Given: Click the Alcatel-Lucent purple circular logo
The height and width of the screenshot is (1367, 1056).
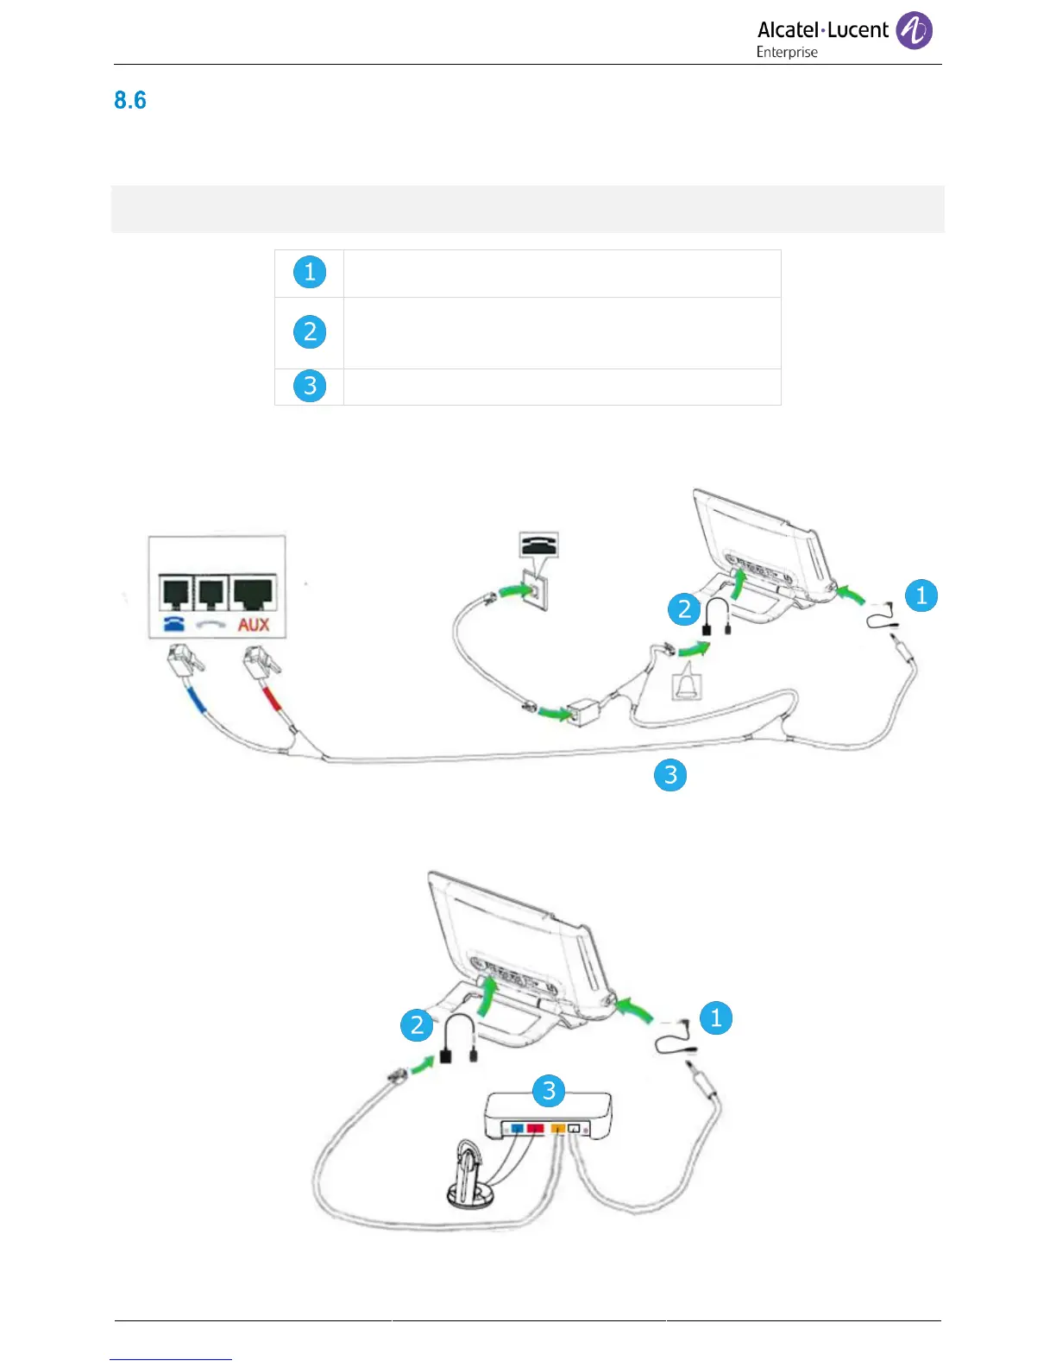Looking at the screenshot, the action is [914, 30].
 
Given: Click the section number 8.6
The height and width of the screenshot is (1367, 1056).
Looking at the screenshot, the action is [130, 100].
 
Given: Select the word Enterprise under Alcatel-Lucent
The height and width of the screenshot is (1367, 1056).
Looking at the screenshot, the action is [787, 53].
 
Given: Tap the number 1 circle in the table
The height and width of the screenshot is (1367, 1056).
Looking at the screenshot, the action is [310, 273].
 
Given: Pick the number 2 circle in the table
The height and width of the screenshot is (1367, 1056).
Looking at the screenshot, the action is [310, 332].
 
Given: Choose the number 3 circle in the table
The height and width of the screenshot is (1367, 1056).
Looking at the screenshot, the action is [310, 386].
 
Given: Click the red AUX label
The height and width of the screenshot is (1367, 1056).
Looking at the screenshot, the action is [254, 624].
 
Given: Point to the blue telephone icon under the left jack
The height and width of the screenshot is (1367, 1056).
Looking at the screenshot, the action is [173, 624].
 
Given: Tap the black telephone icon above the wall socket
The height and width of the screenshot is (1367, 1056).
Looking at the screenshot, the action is [538, 545].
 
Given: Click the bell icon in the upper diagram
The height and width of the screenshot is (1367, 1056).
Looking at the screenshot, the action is [687, 684].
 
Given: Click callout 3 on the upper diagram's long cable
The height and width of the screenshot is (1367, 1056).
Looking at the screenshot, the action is [670, 775].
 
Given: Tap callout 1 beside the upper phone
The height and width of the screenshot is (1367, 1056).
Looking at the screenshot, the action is [921, 595].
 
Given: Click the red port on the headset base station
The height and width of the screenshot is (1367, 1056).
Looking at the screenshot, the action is [535, 1127].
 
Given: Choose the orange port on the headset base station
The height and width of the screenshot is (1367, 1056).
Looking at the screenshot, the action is [557, 1127].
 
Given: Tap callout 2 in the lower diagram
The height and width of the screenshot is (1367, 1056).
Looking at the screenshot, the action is [418, 1025].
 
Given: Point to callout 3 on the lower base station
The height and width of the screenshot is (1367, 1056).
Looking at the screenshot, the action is [549, 1092].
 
